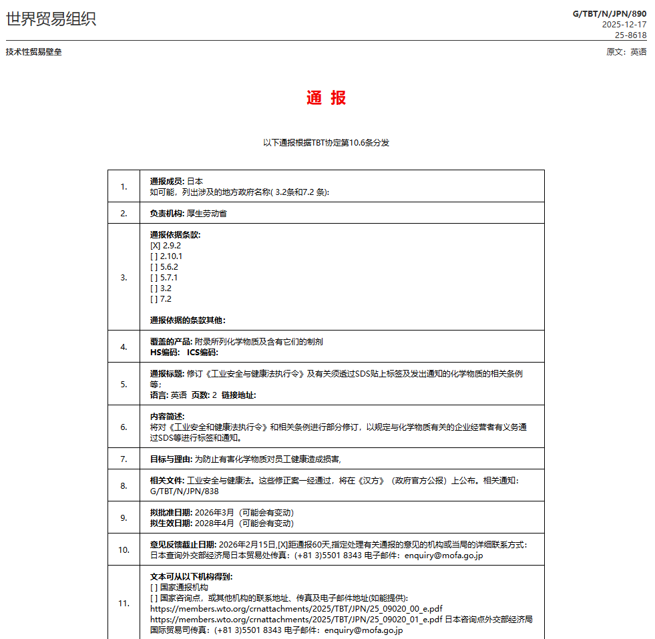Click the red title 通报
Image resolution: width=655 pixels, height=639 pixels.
(326, 98)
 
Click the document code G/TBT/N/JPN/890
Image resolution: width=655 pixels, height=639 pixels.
(610, 13)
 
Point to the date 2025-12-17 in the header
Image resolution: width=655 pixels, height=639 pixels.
(624, 25)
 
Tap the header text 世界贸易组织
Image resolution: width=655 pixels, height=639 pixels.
(51, 19)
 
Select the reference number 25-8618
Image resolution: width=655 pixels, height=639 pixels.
(630, 35)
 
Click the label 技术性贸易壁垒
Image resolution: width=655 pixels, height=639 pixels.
(33, 52)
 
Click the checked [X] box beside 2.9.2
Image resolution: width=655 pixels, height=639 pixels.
(155, 246)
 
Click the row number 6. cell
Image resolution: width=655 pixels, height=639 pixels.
(124, 427)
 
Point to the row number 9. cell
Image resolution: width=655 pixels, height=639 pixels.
(124, 517)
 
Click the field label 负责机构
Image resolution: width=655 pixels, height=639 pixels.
(167, 214)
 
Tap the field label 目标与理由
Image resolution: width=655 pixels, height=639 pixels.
(171, 459)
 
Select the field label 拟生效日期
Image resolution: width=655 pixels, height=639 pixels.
(171, 523)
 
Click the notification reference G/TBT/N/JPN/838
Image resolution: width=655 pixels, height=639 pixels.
(184, 491)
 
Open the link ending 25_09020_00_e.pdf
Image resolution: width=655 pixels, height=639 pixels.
(296, 609)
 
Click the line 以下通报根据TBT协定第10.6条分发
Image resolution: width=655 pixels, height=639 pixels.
(326, 143)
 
